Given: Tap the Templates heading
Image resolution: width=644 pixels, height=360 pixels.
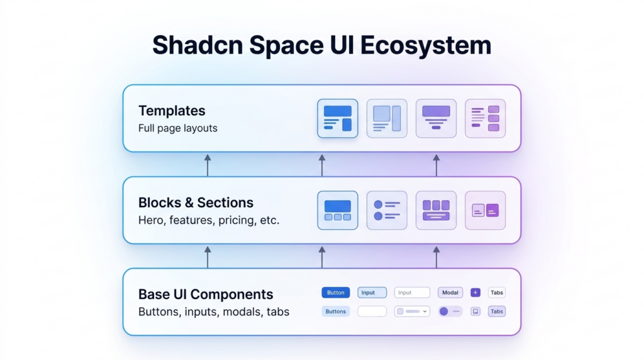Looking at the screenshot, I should [172, 111].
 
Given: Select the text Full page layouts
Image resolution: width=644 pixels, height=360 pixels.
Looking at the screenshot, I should [177, 128].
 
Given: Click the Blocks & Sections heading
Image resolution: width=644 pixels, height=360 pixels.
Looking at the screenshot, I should [196, 203].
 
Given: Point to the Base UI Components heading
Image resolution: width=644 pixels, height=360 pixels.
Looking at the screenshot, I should [206, 295].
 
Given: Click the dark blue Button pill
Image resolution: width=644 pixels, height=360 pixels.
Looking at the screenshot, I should [335, 293].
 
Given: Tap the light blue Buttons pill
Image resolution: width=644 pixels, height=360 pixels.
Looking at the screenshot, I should [335, 312].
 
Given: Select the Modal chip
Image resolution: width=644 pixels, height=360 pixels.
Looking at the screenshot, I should [450, 293].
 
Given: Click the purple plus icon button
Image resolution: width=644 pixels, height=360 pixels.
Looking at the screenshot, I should [475, 293].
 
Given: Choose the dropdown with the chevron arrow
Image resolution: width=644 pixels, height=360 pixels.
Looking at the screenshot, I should [412, 312].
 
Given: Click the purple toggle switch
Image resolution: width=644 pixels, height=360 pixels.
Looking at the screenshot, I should [450, 312].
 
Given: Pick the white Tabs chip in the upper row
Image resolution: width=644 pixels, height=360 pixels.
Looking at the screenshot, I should [497, 293].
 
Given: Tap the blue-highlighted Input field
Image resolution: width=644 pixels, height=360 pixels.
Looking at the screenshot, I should [372, 293].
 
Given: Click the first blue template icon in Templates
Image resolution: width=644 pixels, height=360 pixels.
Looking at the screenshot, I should [338, 118].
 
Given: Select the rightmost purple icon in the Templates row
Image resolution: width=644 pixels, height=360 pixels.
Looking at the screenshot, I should [485, 118].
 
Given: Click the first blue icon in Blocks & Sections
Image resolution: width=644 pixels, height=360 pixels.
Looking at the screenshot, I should [338, 210].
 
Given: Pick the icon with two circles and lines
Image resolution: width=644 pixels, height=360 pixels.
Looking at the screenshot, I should [387, 210].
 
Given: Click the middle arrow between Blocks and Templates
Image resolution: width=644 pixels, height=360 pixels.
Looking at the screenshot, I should [322, 165].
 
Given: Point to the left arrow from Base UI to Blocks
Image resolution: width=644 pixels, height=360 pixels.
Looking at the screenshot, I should [208, 257].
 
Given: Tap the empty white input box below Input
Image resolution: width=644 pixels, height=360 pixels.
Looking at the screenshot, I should [372, 312].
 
